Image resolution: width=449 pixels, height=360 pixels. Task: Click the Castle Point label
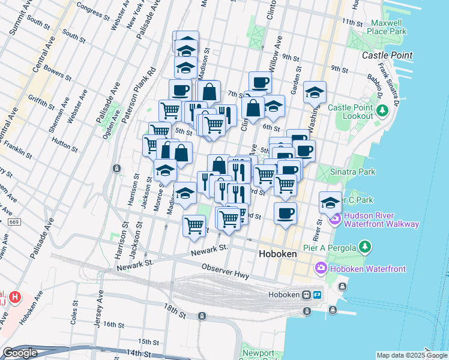387,55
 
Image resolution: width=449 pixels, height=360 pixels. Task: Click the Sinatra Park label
353,172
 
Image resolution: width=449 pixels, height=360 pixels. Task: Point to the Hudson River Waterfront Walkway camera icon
335,220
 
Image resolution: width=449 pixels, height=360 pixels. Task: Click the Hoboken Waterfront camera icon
321,267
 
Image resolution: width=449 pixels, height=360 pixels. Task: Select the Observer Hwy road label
225,271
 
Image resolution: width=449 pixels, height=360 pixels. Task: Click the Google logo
20,353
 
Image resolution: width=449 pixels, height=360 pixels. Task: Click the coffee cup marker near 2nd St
285,212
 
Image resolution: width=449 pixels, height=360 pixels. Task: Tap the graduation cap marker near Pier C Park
330,202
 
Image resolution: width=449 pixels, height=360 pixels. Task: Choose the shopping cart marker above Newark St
194,226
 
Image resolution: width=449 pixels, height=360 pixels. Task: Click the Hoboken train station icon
306,295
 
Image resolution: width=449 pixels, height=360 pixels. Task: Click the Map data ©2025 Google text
411,355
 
